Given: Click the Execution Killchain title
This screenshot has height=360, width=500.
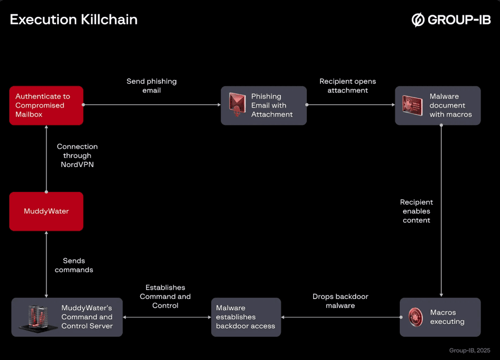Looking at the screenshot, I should click(74, 20).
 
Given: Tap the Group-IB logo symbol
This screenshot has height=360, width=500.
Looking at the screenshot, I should click(418, 20).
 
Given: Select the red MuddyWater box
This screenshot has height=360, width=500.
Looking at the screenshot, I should click(46, 211).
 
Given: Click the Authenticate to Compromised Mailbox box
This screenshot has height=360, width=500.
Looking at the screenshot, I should click(46, 105).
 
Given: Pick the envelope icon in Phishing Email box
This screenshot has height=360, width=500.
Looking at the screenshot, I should click(237, 105).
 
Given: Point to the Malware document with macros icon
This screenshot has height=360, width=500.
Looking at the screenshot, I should click(412, 105).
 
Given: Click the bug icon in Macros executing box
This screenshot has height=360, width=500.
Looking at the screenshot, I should click(416, 317).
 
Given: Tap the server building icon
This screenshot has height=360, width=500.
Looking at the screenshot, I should click(35, 317).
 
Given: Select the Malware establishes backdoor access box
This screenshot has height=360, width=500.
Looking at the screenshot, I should click(246, 317).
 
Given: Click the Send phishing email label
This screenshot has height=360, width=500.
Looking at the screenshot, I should click(151, 85).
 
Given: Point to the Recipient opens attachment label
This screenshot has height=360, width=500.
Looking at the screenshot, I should click(348, 85).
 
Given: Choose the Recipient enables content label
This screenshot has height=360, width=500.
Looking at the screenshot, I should click(416, 211).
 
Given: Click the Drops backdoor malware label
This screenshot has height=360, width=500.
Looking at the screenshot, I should click(340, 301).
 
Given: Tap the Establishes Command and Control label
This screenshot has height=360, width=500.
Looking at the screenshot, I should click(165, 297).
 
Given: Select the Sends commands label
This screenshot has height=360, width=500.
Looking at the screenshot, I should click(74, 265).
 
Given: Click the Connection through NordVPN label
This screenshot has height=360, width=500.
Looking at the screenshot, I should click(77, 155).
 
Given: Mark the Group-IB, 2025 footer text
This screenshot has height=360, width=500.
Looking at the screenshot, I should click(469, 350).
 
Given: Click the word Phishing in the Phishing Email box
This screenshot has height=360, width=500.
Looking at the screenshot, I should click(266, 96).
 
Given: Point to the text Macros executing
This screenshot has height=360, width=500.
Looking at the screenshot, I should click(447, 317).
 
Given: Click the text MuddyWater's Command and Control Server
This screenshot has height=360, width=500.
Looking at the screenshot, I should click(87, 317).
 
